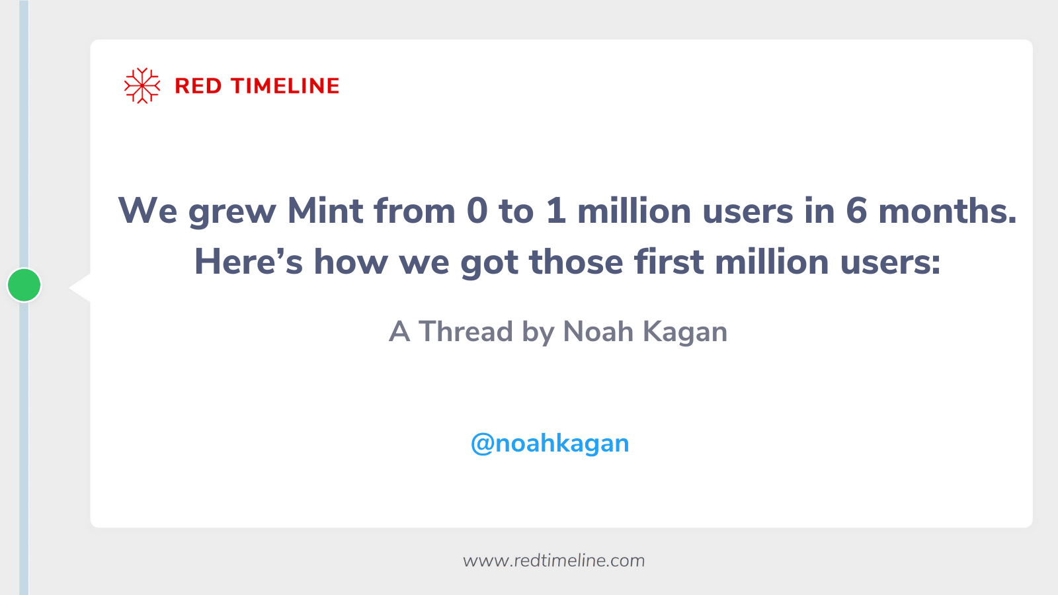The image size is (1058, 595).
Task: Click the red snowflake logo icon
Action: click(142, 86)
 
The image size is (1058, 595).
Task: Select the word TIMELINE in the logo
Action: click(285, 86)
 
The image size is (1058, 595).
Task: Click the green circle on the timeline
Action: click(24, 285)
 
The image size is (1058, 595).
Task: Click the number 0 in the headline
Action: click(477, 212)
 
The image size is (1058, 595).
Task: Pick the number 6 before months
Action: click(856, 212)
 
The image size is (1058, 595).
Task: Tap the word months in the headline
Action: click(947, 212)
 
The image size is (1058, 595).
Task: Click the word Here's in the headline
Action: click(248, 262)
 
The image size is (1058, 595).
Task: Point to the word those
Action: click(576, 262)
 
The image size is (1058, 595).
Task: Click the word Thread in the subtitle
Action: click(466, 332)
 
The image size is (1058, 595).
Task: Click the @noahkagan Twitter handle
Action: click(549, 444)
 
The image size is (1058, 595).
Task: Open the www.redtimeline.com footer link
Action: click(553, 561)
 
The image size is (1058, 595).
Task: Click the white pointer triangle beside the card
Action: click(81, 288)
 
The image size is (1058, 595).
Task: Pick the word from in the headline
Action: click(415, 212)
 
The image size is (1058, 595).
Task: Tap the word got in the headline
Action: click(489, 263)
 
